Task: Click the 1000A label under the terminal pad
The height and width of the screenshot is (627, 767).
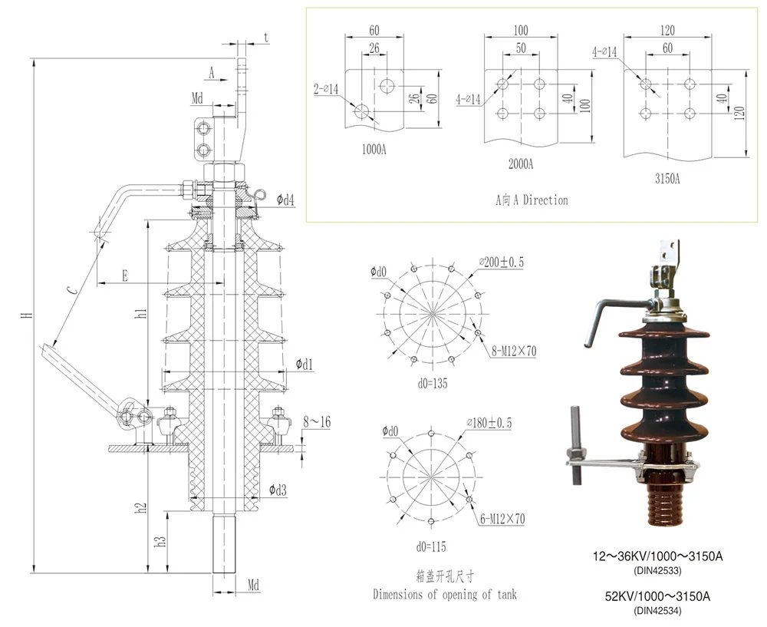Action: pos(374,149)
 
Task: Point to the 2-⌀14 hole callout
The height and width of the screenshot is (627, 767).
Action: pos(326,90)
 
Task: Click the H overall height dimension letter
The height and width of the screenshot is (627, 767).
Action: pos(26,315)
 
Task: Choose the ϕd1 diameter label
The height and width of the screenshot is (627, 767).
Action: pos(304,363)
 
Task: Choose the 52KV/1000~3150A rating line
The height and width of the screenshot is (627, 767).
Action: pos(658,596)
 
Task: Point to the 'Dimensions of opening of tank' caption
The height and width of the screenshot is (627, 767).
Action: pos(445,594)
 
